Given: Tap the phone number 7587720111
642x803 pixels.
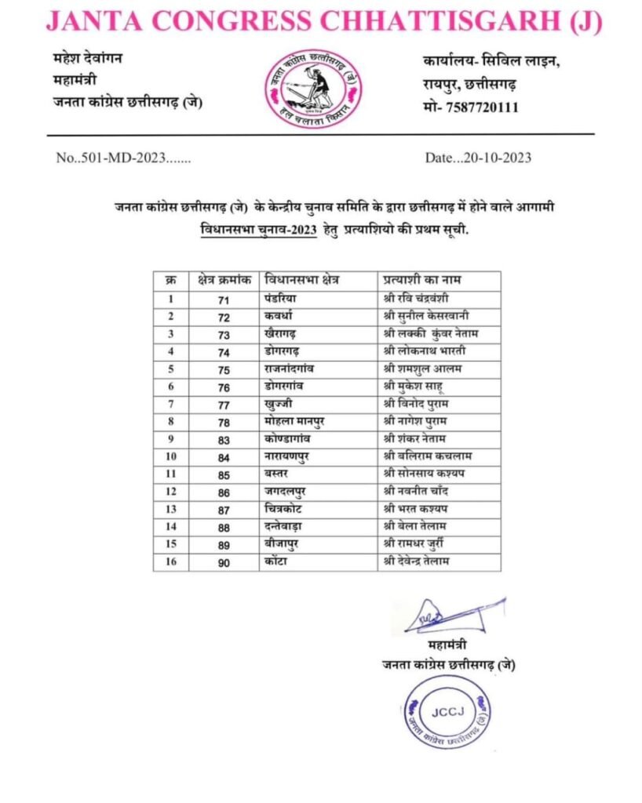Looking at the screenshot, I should pyautogui.click(x=480, y=107).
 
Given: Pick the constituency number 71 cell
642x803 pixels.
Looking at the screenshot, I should pyautogui.click(x=223, y=299).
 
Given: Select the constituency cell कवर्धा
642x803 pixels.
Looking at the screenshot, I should pyautogui.click(x=281, y=316).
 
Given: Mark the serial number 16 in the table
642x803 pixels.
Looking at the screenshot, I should pyautogui.click(x=171, y=561).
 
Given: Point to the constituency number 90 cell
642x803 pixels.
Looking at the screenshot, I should pyautogui.click(x=223, y=561).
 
